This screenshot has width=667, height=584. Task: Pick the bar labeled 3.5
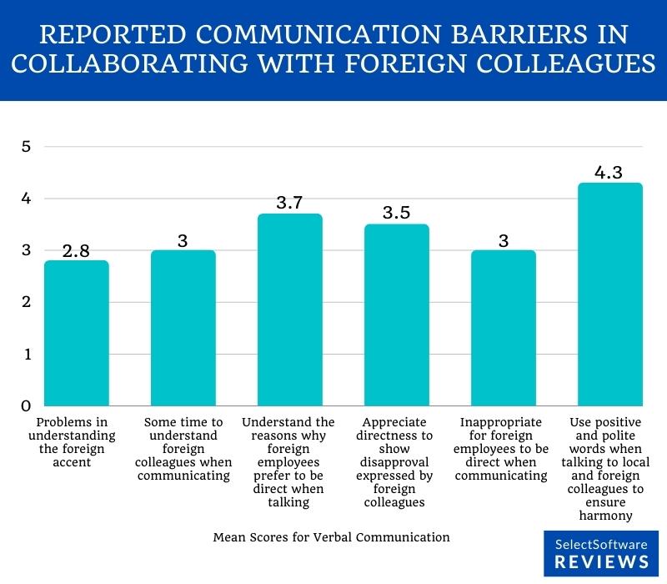(397, 315)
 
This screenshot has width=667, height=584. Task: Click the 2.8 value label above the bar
(77, 249)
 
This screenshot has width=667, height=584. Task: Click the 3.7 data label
(290, 202)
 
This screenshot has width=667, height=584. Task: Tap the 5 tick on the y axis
(26, 147)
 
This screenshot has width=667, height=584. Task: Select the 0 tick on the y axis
(26, 405)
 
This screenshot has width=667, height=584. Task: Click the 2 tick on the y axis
(26, 302)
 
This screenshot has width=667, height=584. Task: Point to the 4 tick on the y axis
(26, 199)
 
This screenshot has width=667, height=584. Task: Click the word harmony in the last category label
(611, 516)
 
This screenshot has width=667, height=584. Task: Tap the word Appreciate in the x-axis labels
(397, 422)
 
